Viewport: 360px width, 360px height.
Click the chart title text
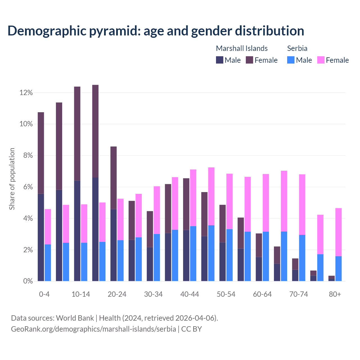[x=156, y=31]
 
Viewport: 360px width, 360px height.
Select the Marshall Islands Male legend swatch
[x=220, y=60]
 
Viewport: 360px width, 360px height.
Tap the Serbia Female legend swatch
[x=321, y=60]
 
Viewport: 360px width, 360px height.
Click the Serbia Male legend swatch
[x=291, y=60]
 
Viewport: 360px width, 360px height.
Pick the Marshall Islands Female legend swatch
[x=249, y=60]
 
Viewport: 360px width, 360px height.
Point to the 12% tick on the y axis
[x=26, y=93]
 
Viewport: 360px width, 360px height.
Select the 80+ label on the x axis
[x=335, y=294]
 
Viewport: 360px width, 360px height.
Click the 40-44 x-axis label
[x=190, y=294]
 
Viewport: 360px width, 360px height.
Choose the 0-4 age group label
[x=44, y=294]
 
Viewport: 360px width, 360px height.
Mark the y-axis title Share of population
[x=12, y=179]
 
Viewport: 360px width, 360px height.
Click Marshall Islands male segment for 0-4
[x=41, y=237]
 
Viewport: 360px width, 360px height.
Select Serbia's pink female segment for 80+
[x=339, y=232]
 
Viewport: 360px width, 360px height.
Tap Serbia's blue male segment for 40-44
[x=193, y=253]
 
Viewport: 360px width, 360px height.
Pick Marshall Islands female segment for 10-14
[x=77, y=134]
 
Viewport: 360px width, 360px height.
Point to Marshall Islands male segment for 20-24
[x=113, y=245]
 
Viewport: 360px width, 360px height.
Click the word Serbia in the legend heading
[x=297, y=48]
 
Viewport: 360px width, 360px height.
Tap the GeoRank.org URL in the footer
[x=93, y=329]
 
